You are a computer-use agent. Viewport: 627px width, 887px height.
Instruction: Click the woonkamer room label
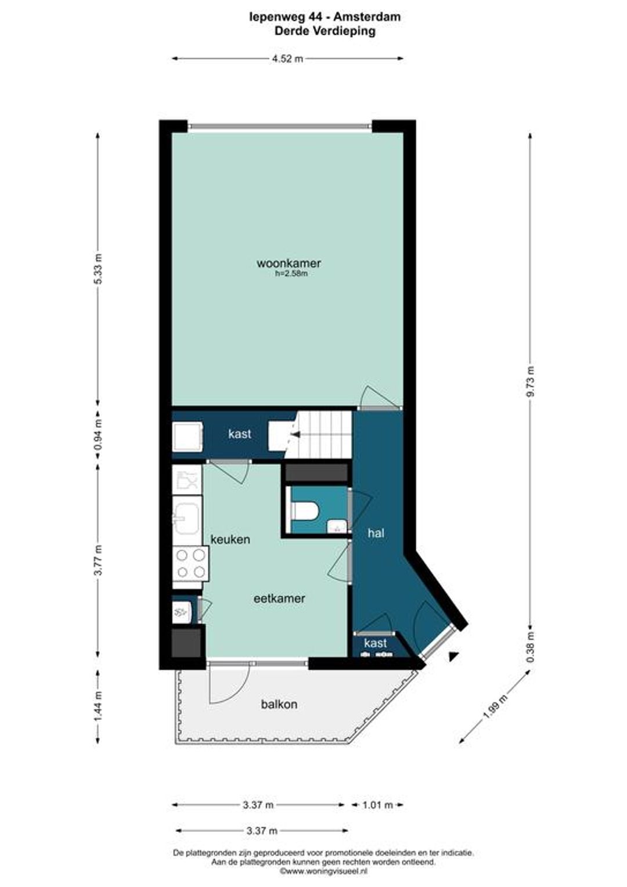pos(289,263)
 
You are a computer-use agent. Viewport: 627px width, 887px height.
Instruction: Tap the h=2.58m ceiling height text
pos(291,273)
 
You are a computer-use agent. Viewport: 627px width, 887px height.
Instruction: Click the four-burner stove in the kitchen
pos(190,564)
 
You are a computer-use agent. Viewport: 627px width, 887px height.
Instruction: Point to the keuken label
pos(230,539)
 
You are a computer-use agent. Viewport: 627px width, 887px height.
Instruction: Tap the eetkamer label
pos(279,598)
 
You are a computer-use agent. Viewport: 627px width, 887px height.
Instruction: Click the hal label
pos(376,533)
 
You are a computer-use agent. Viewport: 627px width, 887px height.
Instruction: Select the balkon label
pos(279,705)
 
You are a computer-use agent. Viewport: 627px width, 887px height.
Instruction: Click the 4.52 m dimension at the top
pos(287,59)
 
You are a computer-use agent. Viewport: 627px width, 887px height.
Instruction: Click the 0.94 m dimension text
pos(98,434)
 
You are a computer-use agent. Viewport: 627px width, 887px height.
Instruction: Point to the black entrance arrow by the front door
pos(452,657)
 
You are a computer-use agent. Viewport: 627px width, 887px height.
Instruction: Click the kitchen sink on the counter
pos(186,518)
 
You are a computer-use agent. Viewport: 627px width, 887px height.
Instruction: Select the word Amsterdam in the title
pos(367,17)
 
